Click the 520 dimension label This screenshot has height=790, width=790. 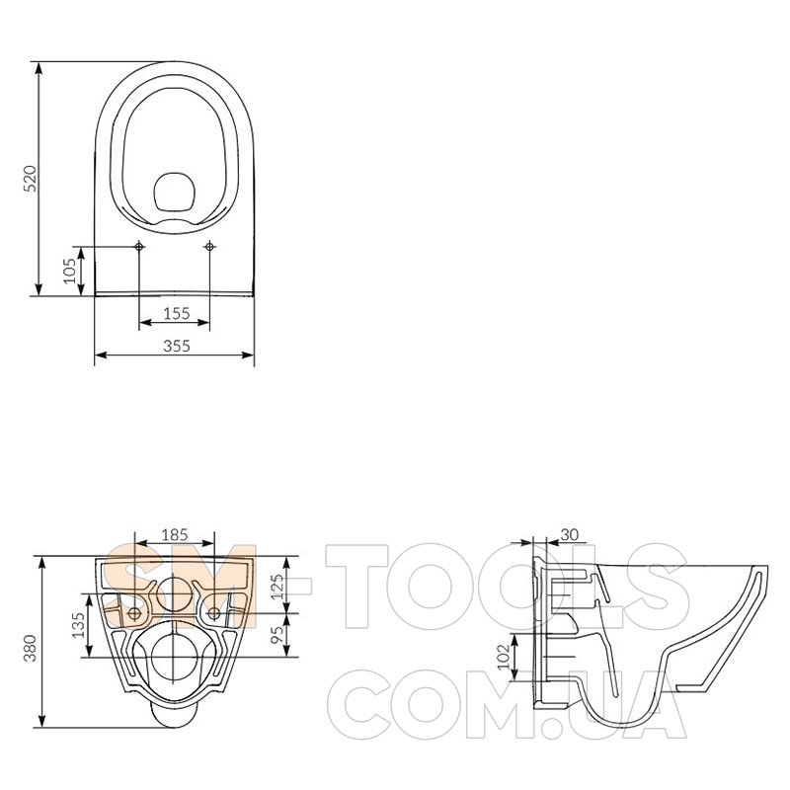pos(30,179)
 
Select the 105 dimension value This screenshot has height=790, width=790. pos(70,270)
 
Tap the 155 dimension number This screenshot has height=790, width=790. pos(177,313)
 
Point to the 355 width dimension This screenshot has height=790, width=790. pos(177,346)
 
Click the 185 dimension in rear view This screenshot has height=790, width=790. pos(175,534)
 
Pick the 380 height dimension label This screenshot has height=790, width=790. pos(30,648)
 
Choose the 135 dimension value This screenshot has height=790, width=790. pos(79,625)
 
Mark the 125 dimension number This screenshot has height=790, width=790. pos(277,587)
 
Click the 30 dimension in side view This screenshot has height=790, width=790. pos(569,534)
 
